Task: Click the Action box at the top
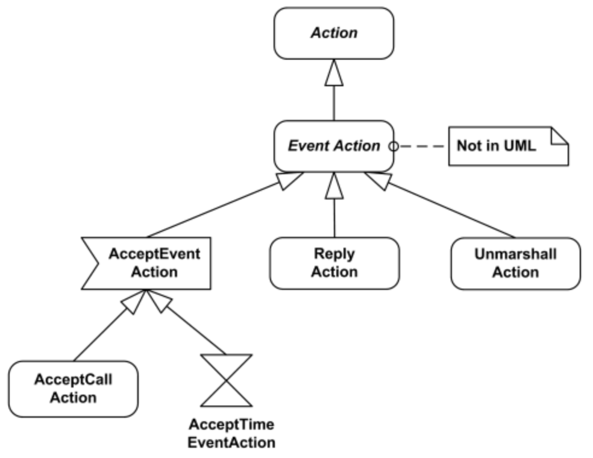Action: (334, 33)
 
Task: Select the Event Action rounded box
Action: (333, 146)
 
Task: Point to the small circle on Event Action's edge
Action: (393, 146)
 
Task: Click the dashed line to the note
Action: (422, 146)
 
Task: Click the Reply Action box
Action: (334, 263)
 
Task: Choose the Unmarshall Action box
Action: (515, 263)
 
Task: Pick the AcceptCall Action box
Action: (73, 389)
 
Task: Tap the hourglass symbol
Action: (225, 380)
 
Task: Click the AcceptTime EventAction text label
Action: (231, 433)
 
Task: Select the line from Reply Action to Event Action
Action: (334, 217)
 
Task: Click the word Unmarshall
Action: (515, 254)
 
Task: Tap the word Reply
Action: (334, 254)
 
